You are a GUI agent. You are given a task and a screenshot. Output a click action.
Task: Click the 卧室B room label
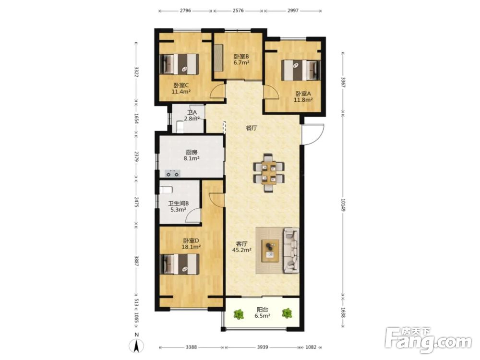[x=241, y=57]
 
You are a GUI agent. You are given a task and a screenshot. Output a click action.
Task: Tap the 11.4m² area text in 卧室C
[x=181, y=92]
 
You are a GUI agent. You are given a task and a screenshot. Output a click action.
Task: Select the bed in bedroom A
[x=301, y=70]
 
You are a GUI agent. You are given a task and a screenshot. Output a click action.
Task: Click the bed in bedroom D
[x=180, y=264]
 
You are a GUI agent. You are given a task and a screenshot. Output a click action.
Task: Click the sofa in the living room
[x=291, y=250]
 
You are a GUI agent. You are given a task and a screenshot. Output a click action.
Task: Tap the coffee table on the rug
[x=270, y=251]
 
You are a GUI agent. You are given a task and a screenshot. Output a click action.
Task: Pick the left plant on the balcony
[x=239, y=314]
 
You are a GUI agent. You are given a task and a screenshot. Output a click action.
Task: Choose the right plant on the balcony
[x=287, y=313]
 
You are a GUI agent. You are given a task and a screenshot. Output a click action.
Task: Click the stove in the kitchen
[x=172, y=174]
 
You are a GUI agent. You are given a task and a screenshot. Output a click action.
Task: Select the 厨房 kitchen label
[x=192, y=153]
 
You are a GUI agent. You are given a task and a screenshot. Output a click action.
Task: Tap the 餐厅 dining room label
[x=252, y=128]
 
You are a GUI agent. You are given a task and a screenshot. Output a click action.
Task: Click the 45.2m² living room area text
[x=242, y=250]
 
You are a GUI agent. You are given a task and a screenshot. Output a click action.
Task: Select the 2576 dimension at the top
[x=238, y=11]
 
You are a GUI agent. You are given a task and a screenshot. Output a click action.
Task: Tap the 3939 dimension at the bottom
[x=263, y=347]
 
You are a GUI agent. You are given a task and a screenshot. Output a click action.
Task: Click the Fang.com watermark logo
[x=428, y=340]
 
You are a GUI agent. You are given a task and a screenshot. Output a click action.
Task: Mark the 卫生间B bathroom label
[x=179, y=204]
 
